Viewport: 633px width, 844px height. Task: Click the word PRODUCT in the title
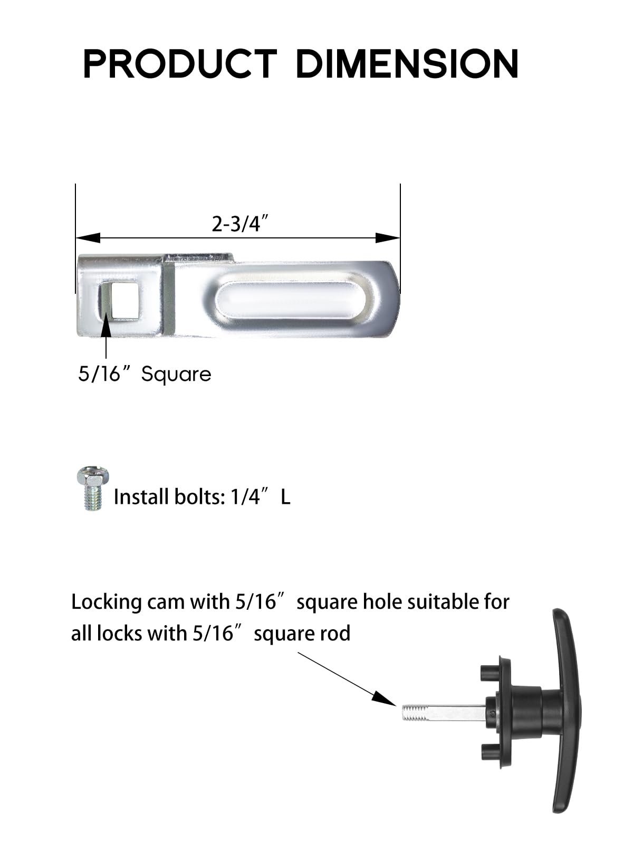[179, 64]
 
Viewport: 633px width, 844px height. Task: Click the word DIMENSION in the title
[407, 64]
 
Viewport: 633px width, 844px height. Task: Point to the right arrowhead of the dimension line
[388, 238]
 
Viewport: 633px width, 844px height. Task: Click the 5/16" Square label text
[145, 375]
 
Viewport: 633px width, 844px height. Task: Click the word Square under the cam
[176, 375]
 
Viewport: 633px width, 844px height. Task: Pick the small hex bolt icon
[93, 488]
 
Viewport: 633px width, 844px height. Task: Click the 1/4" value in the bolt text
[245, 497]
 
